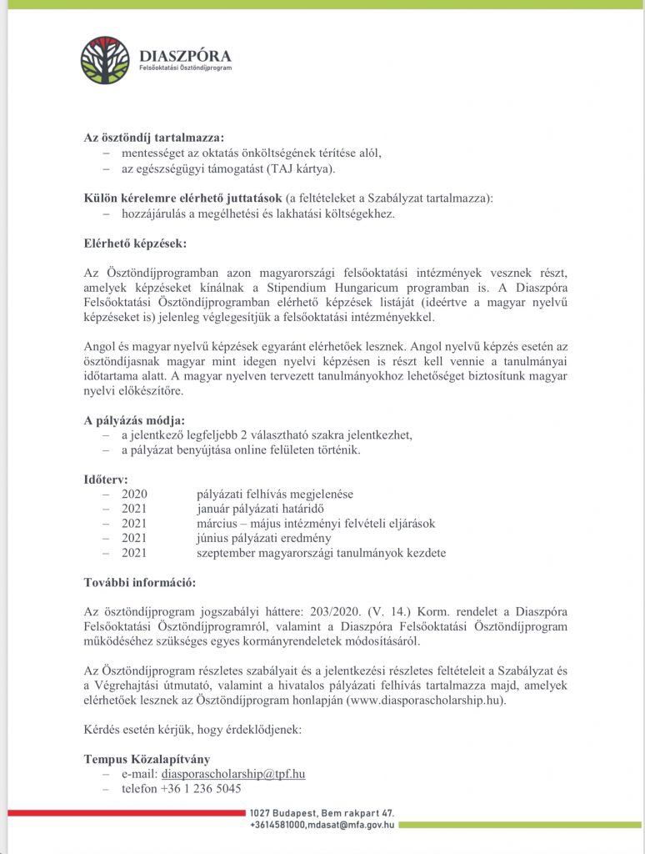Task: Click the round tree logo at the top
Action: pos(105,61)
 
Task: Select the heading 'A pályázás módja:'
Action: pos(134,419)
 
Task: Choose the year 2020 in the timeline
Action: pos(134,495)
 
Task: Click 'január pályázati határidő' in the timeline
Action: pos(259,509)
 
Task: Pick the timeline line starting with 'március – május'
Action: pos(316,524)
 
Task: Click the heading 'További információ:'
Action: pos(140,582)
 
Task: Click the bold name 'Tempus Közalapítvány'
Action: pos(146,759)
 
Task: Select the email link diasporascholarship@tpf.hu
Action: pos(233,774)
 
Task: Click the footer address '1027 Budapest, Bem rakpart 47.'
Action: pos(322,813)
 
